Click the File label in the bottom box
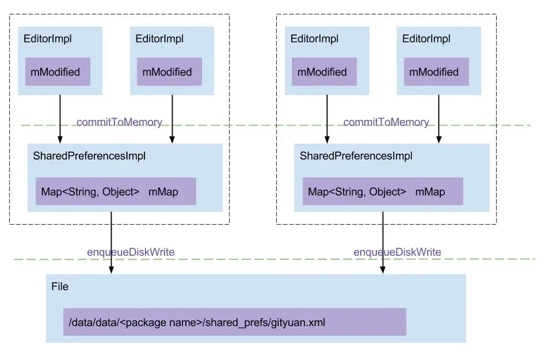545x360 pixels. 60,286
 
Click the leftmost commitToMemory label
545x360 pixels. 119,122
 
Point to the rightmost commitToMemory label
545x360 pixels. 386,122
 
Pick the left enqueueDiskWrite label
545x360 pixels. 131,252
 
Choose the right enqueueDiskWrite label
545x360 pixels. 397,252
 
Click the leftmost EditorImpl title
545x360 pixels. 47,39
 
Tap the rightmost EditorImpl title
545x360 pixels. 426,39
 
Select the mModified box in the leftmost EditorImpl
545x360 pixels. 57,72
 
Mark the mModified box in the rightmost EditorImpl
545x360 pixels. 436,72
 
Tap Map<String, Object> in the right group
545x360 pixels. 357,192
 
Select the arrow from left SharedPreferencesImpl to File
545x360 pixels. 111,242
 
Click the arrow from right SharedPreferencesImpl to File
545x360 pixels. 383,242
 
